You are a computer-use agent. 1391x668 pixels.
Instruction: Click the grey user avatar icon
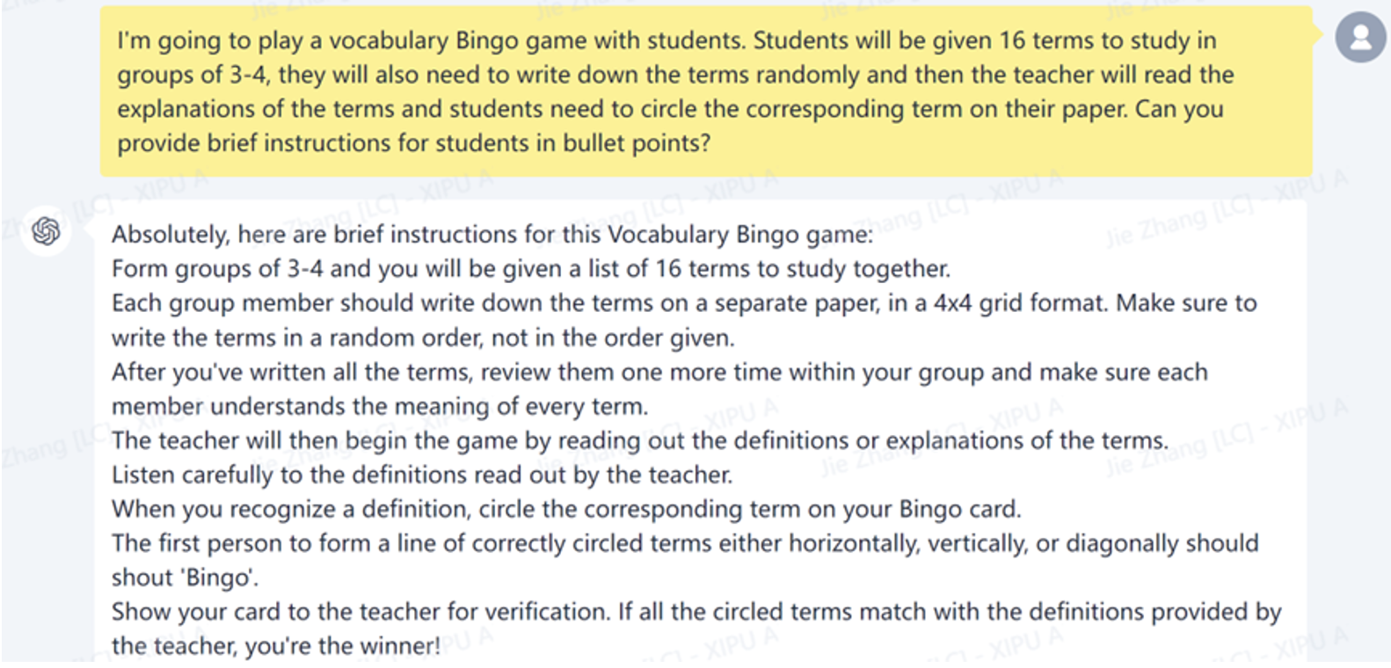coord(1360,38)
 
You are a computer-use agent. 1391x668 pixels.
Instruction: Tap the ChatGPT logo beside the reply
coord(46,231)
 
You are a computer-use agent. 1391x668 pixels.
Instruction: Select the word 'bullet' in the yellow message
coord(592,143)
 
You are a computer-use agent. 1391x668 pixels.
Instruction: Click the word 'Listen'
coord(142,475)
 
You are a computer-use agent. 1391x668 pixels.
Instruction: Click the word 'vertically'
coord(972,543)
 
